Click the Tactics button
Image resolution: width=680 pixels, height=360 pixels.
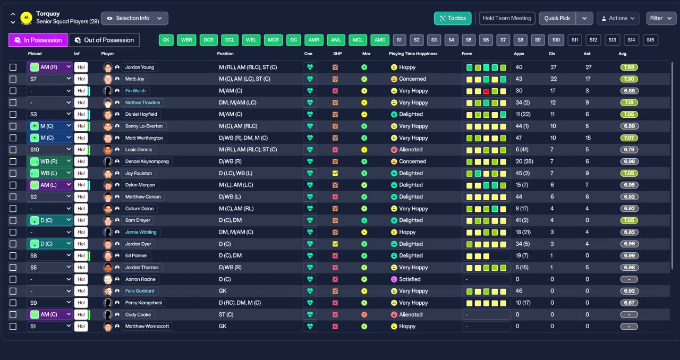[x=453, y=18]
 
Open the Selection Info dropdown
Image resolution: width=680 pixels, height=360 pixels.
[x=134, y=18]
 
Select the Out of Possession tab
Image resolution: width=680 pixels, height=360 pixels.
[x=104, y=40]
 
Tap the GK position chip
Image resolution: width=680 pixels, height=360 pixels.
[x=166, y=40]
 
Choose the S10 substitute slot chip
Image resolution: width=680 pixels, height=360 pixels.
[x=556, y=40]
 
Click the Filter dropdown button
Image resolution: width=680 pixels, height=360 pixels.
[x=661, y=18]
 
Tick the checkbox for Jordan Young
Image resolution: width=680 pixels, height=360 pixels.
[x=13, y=67]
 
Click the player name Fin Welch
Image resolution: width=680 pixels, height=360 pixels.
[x=135, y=91]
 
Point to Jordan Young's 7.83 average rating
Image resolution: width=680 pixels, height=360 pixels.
[x=629, y=67]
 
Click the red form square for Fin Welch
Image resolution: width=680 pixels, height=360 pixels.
[x=486, y=91]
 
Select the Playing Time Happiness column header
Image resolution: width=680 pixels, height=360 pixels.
[x=413, y=54]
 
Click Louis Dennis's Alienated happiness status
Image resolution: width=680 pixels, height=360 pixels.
[x=411, y=150]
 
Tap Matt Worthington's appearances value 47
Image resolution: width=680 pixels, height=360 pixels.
[x=518, y=138]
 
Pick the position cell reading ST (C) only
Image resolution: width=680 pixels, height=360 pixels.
[x=226, y=314]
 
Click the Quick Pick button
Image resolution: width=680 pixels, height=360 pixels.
[x=557, y=18]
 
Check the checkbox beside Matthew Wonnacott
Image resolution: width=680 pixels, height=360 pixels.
[x=13, y=327]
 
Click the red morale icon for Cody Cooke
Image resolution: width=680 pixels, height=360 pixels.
[x=364, y=314]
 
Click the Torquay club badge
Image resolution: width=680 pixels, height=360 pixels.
[x=26, y=18]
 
